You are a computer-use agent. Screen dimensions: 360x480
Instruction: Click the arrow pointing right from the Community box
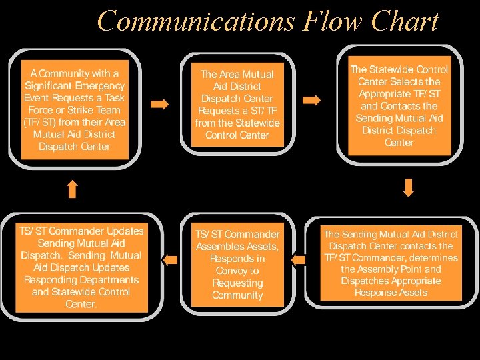pyautogui.click(x=160, y=104)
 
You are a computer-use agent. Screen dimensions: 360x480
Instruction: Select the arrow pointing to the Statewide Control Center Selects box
pyautogui.click(x=311, y=100)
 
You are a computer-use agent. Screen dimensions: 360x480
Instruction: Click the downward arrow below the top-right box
pyautogui.click(x=409, y=187)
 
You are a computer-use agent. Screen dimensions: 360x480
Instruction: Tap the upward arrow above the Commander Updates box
pyautogui.click(x=73, y=189)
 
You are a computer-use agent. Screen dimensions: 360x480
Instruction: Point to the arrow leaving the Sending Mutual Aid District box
pyautogui.click(x=298, y=259)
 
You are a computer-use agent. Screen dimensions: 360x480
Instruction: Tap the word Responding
pyautogui.click(x=48, y=280)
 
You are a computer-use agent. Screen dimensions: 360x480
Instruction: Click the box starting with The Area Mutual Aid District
pyautogui.click(x=237, y=105)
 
